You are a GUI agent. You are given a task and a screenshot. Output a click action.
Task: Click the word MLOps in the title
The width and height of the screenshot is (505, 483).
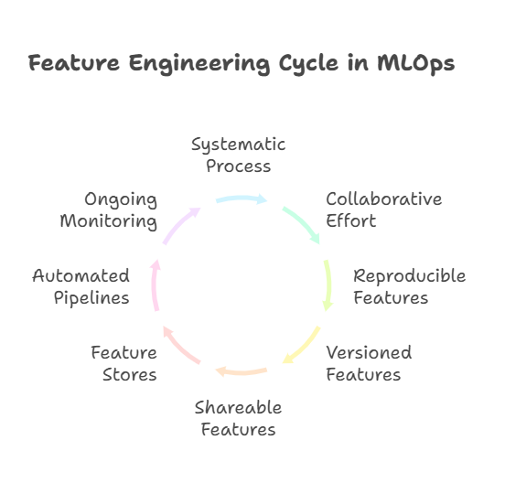[415, 64]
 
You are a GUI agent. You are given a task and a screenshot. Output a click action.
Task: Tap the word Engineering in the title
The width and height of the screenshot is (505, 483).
[199, 64]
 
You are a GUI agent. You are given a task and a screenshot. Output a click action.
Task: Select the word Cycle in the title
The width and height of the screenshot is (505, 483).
[308, 64]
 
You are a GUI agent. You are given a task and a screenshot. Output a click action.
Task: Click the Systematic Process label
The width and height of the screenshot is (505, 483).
[239, 156]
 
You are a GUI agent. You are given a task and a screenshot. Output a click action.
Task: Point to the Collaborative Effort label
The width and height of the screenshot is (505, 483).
[384, 209]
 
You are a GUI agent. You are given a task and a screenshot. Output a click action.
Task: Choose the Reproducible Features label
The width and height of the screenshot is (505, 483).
[409, 286]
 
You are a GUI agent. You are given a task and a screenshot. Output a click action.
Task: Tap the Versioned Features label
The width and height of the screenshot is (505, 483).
[369, 363]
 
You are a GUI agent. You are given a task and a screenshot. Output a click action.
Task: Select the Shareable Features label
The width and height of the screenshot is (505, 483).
[239, 418]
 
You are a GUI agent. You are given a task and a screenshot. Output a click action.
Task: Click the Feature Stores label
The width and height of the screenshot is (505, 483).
[124, 363]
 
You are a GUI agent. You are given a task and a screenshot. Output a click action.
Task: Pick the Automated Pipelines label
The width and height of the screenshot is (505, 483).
[81, 286]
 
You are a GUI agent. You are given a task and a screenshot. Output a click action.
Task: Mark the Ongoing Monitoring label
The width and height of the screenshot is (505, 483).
[109, 210]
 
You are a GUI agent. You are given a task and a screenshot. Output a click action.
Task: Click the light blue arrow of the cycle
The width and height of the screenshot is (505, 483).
[242, 199]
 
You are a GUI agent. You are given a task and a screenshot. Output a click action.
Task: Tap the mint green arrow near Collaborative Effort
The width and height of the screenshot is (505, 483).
[303, 223]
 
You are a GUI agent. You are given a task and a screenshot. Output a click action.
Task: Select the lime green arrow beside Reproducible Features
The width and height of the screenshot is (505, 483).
[328, 285]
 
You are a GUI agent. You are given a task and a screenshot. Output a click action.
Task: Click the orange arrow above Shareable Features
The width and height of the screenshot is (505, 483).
[242, 371]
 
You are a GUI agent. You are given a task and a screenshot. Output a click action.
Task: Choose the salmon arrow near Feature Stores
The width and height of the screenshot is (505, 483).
[179, 347]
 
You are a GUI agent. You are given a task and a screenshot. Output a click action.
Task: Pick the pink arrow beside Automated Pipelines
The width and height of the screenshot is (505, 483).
[155, 285]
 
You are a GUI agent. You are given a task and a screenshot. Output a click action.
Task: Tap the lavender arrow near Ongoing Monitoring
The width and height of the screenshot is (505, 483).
[179, 224]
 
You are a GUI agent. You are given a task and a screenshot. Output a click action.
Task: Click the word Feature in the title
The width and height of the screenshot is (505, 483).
[74, 63]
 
